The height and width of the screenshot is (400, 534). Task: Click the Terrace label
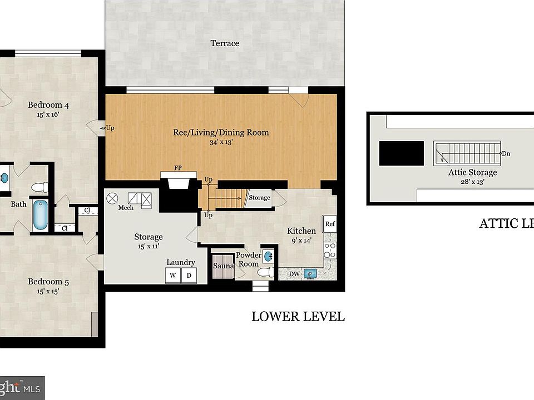[x=225, y=43]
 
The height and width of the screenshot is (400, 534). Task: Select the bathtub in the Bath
[x=40, y=215]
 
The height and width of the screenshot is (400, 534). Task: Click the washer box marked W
[x=172, y=276]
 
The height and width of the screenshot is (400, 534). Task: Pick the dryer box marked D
[x=189, y=276]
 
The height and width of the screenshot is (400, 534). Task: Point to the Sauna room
[x=223, y=266]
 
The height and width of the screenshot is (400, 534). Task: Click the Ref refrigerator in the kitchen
[x=330, y=224]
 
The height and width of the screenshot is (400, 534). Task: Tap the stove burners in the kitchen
[x=330, y=251]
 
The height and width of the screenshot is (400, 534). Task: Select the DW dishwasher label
[x=294, y=274]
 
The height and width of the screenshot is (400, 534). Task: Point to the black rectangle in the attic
[x=401, y=153]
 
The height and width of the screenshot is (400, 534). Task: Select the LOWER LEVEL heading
[x=298, y=317]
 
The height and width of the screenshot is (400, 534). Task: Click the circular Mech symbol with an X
[x=112, y=197]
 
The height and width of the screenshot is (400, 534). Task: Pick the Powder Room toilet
[x=269, y=272]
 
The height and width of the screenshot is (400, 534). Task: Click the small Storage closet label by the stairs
[x=259, y=198]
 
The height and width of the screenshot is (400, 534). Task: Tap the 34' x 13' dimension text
[x=221, y=142]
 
